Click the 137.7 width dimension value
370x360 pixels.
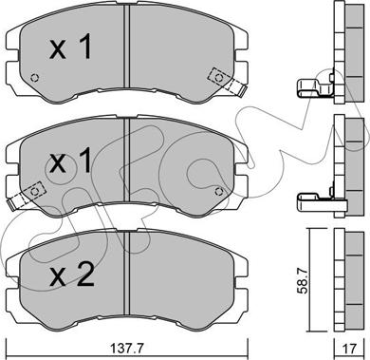[x=127, y=349]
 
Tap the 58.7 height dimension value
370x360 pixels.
[x=304, y=281]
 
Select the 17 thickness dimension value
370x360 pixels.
[x=350, y=349]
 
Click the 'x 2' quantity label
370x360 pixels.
[x=72, y=276]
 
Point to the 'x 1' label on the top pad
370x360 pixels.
[x=70, y=47]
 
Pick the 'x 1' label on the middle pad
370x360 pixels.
[x=70, y=161]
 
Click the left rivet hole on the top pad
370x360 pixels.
[x=34, y=78]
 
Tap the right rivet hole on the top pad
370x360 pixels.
[x=218, y=78]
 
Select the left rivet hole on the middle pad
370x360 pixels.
[x=35, y=191]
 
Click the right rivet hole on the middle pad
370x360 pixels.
[x=218, y=191]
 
